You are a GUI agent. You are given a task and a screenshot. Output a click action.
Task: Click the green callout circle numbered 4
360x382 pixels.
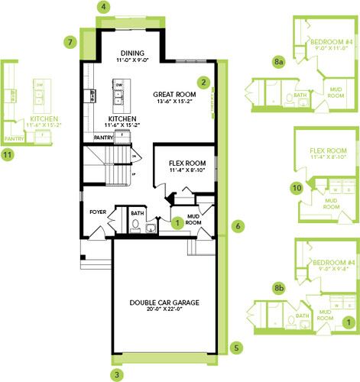[x=104, y=7]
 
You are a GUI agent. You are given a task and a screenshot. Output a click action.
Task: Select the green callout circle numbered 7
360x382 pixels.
[x=70, y=42]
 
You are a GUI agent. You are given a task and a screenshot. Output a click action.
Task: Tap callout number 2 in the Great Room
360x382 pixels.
[x=203, y=82]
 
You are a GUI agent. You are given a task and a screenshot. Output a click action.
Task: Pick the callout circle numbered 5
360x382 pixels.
[x=236, y=347]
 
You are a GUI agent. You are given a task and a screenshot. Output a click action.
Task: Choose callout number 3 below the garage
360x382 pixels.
[x=116, y=374]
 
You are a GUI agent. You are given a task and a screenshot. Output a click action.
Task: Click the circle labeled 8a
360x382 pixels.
[x=280, y=57]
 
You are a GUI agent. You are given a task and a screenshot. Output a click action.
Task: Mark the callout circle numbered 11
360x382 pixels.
[x=8, y=155]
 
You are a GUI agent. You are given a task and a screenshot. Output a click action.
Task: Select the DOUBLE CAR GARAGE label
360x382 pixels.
[x=164, y=303]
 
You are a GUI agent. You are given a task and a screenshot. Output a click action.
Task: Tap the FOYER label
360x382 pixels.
[x=98, y=213]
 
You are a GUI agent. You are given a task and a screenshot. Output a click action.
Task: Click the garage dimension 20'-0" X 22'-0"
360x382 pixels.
[x=164, y=312]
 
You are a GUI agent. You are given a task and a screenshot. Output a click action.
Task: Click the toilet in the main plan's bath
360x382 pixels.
[x=135, y=224]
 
